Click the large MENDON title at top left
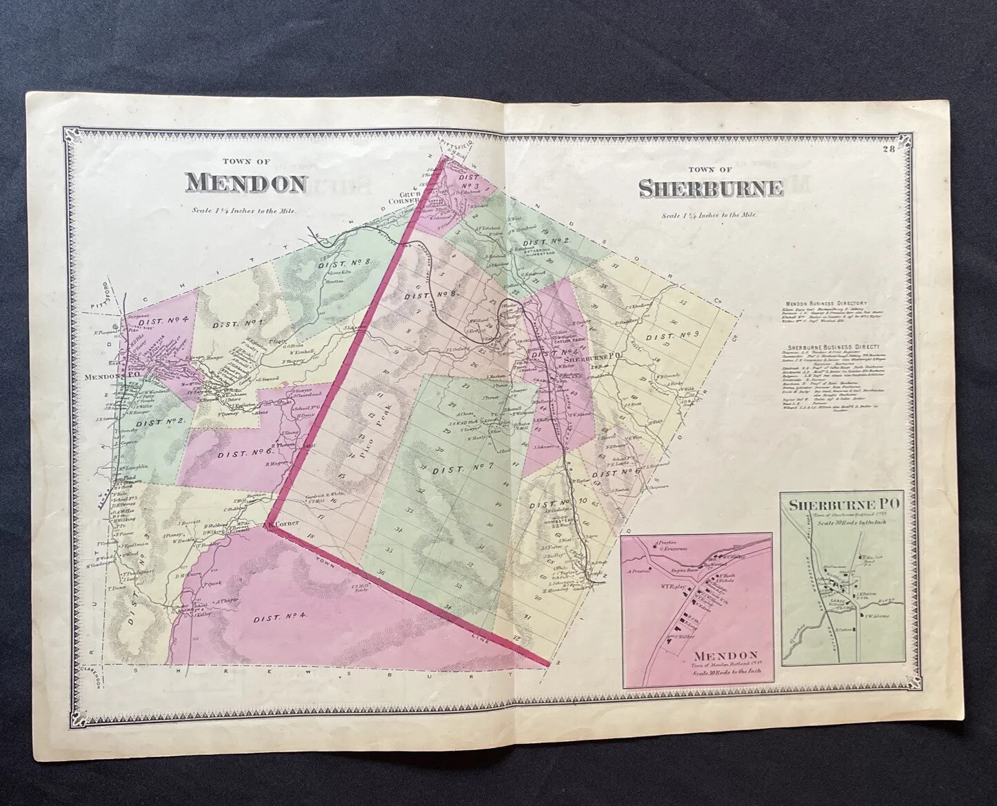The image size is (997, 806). [x=245, y=183]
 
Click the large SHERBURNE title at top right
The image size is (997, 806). [x=710, y=188]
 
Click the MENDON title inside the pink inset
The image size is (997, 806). [x=726, y=654]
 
